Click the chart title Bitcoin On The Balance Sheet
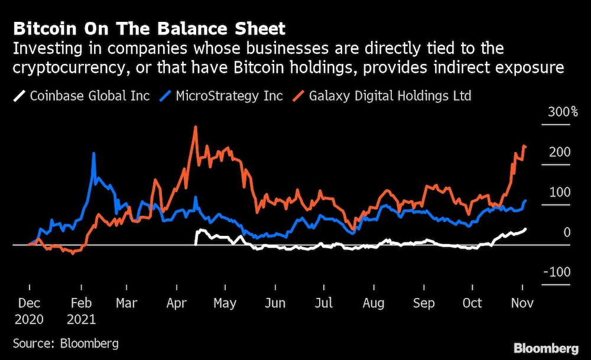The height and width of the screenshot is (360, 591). pos(149,28)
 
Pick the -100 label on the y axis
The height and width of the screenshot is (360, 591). pos(557,272)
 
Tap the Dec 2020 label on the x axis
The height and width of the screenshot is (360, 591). pos(30,310)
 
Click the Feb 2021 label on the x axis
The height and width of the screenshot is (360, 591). pos(81,310)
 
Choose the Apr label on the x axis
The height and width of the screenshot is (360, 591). pos(177,303)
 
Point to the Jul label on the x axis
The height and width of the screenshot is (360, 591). pos(324,303)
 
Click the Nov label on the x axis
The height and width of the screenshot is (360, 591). pos(522,303)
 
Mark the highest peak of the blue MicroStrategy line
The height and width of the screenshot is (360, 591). pos(94,153)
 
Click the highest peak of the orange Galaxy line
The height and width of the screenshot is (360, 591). pos(195,127)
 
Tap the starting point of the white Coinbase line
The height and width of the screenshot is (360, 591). pos(196,243)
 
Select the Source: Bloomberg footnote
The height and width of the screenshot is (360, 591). pos(66,343)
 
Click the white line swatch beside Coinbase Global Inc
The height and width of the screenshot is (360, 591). pos(20,95)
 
